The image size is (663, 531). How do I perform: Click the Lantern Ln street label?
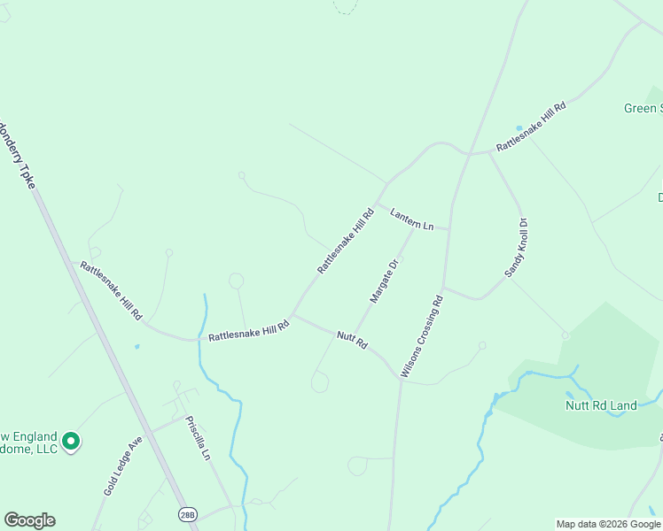tap(411, 219)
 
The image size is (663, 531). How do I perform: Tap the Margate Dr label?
tap(385, 281)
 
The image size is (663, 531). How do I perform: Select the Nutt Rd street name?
tap(351, 339)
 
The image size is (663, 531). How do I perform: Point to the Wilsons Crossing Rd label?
tap(421, 337)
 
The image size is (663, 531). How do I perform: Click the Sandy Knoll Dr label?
tap(516, 249)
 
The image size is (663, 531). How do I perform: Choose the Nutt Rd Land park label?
tap(601, 405)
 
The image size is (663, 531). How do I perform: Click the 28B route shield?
tap(186, 513)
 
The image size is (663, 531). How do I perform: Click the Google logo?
tap(29, 520)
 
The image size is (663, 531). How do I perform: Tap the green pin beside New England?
tap(72, 440)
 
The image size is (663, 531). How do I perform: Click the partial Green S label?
tap(643, 108)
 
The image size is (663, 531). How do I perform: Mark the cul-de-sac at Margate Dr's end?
tap(320, 382)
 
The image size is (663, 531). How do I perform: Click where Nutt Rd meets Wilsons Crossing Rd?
tap(400, 377)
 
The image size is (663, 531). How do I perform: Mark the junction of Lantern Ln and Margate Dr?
tap(413, 226)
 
